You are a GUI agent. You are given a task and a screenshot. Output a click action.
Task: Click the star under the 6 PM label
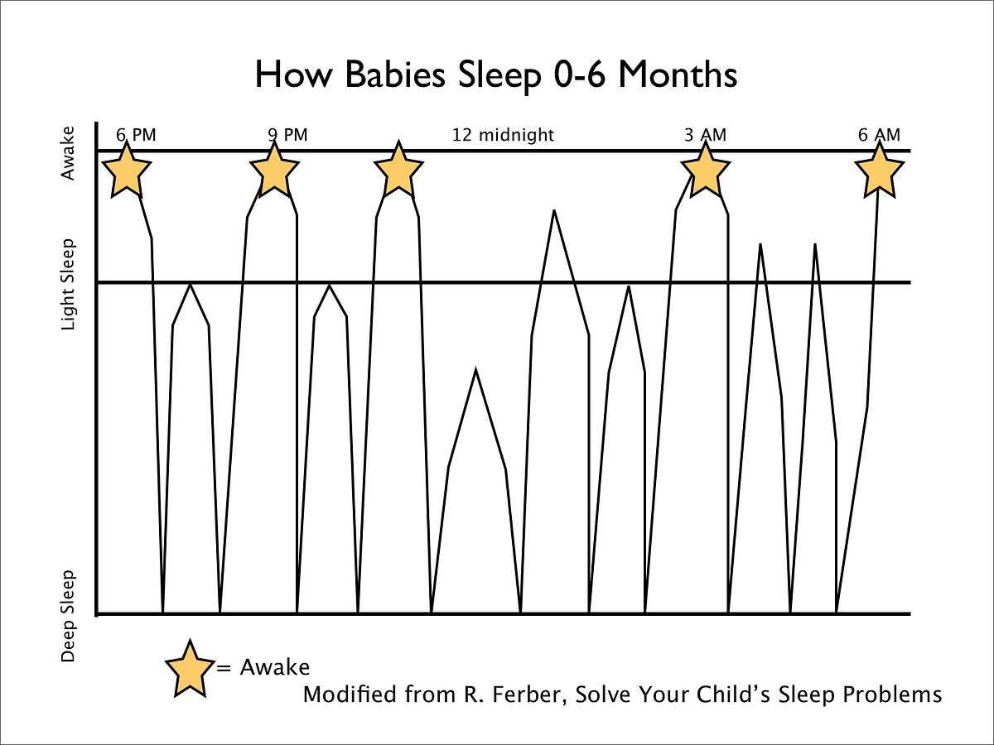tap(126, 171)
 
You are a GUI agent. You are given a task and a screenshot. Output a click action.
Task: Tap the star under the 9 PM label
tap(273, 171)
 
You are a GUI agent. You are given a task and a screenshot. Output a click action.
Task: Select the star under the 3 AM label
tap(705, 171)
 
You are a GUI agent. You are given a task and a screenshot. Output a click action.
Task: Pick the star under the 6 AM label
tap(878, 171)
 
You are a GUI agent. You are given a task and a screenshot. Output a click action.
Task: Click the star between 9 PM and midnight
tap(398, 171)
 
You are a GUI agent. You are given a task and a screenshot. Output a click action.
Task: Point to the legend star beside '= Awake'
tap(191, 668)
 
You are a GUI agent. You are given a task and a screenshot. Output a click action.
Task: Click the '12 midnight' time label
tap(503, 135)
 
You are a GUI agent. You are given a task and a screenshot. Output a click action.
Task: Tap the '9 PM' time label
tap(287, 135)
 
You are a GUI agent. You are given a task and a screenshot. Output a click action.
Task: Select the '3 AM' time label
tap(705, 135)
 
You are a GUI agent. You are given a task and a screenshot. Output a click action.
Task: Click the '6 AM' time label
tap(879, 135)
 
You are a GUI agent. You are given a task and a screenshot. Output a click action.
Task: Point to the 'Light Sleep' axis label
tap(69, 285)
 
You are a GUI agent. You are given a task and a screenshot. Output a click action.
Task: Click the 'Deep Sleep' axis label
tap(69, 616)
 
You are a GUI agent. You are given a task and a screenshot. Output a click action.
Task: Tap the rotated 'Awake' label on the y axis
tap(69, 153)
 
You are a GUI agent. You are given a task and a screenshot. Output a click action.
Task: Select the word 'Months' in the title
tap(677, 75)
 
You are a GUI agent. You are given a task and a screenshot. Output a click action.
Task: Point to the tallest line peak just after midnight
tap(553, 211)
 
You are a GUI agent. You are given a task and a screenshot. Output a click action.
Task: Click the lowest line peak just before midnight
tap(475, 369)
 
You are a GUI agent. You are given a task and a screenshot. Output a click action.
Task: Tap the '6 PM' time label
tap(136, 135)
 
